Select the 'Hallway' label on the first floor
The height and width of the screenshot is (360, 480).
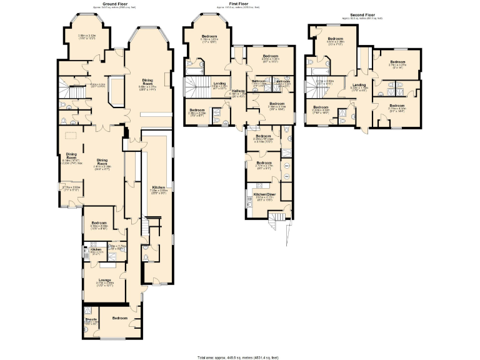(x=238, y=91)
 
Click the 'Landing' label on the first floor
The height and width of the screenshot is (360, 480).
(x=219, y=83)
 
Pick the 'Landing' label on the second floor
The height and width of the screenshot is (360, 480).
(x=358, y=85)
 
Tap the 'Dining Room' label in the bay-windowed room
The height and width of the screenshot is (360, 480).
(x=147, y=81)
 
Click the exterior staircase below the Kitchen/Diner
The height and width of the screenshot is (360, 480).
(x=275, y=219)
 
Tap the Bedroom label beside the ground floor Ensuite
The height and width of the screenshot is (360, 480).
(x=119, y=318)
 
